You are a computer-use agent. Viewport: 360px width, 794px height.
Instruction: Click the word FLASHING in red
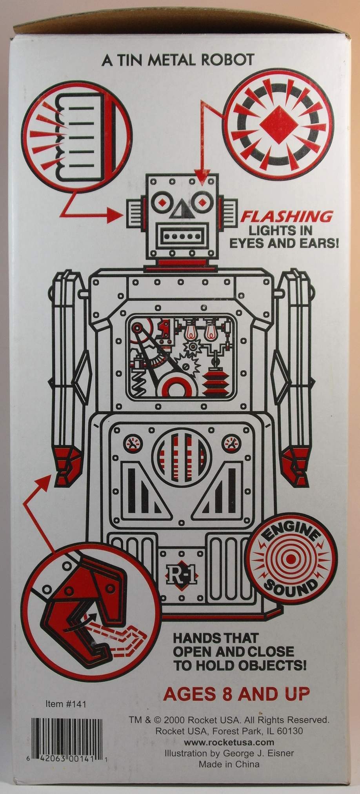(x=286, y=216)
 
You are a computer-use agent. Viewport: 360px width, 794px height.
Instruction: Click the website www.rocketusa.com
(x=229, y=742)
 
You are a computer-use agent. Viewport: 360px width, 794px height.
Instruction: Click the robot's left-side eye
(x=162, y=202)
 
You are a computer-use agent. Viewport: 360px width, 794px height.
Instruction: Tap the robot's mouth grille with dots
(x=182, y=237)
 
